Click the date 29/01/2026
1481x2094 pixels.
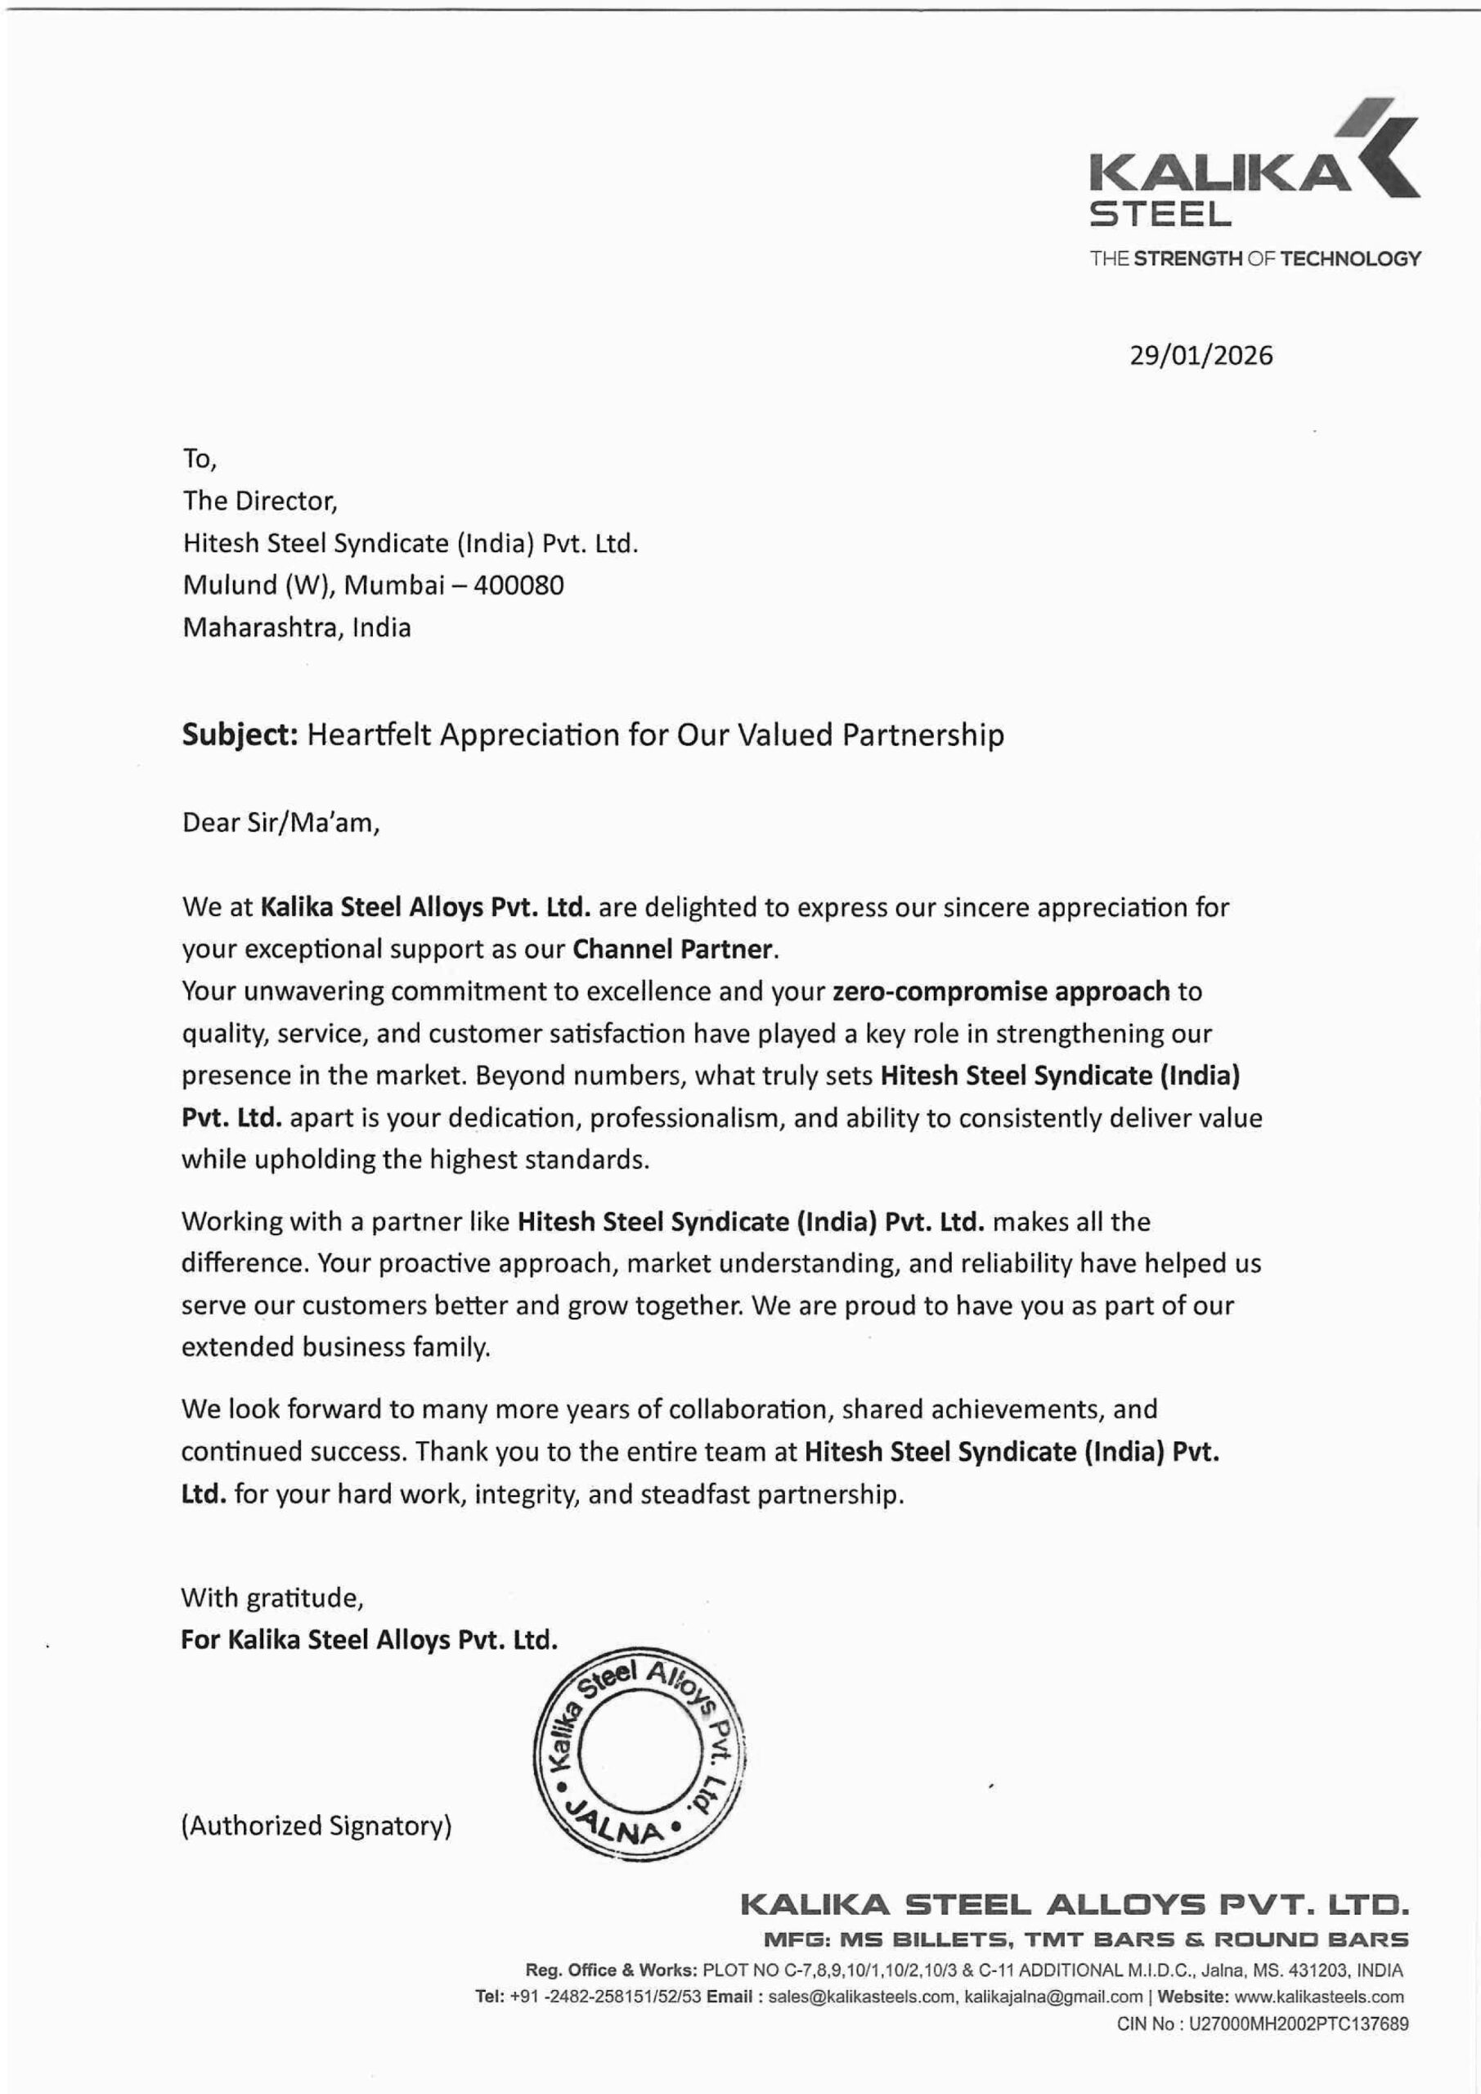1201,355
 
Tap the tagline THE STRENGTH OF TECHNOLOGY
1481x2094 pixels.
1254,258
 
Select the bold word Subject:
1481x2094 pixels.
240,735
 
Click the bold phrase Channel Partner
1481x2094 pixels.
674,949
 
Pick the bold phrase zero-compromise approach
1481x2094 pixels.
1000,991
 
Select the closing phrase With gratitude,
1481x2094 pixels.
272,1597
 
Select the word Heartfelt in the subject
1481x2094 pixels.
370,735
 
